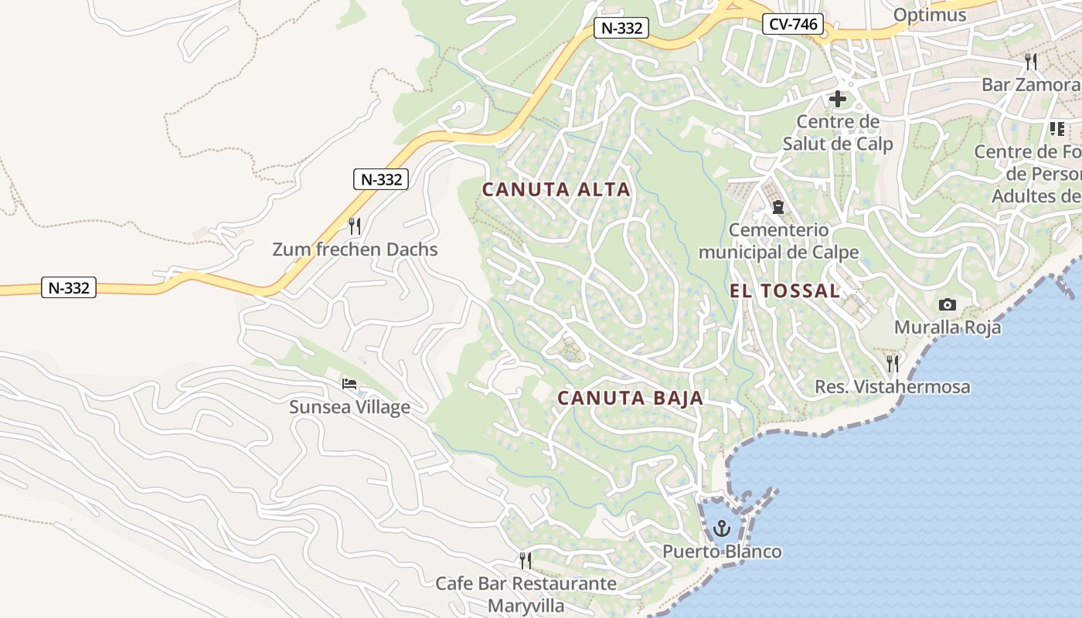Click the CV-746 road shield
click(x=794, y=24)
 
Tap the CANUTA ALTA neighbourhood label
click(x=556, y=189)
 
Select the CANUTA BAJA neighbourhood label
click(x=630, y=399)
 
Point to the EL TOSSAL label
click(x=784, y=291)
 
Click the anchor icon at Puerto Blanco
click(x=722, y=528)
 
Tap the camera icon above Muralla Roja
click(x=947, y=304)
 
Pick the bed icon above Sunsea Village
click(x=349, y=384)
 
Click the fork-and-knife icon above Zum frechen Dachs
click(x=355, y=226)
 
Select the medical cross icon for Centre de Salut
click(x=837, y=99)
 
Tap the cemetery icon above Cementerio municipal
click(x=777, y=207)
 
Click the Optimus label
click(x=930, y=15)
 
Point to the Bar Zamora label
click(x=1030, y=84)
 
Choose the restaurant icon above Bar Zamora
click(x=1030, y=62)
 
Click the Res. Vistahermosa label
click(x=893, y=387)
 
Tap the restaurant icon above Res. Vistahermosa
click(x=893, y=363)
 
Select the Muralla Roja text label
click(x=948, y=328)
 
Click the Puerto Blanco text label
click(x=722, y=552)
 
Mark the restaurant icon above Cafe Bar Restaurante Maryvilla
click(x=526, y=560)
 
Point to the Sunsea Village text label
click(x=349, y=407)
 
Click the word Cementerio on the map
click(x=778, y=230)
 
